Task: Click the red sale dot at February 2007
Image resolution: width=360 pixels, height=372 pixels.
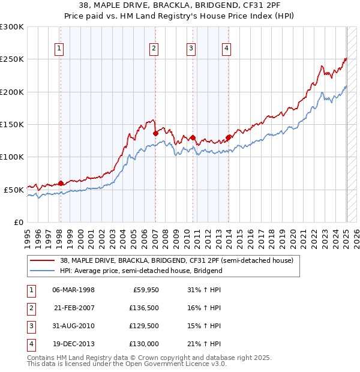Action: [155, 133]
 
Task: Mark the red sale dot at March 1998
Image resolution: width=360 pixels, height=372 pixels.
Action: [61, 183]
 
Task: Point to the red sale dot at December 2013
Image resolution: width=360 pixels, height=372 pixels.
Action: [228, 137]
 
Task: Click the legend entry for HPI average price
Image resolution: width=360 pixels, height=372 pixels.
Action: [141, 271]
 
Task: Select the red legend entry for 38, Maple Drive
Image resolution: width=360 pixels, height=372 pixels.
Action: [176, 261]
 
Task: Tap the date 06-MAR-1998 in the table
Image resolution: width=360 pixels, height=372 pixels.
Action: [74, 290]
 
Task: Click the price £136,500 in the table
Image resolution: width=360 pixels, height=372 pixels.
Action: [143, 308]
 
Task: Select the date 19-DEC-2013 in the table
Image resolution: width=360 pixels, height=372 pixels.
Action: [74, 344]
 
